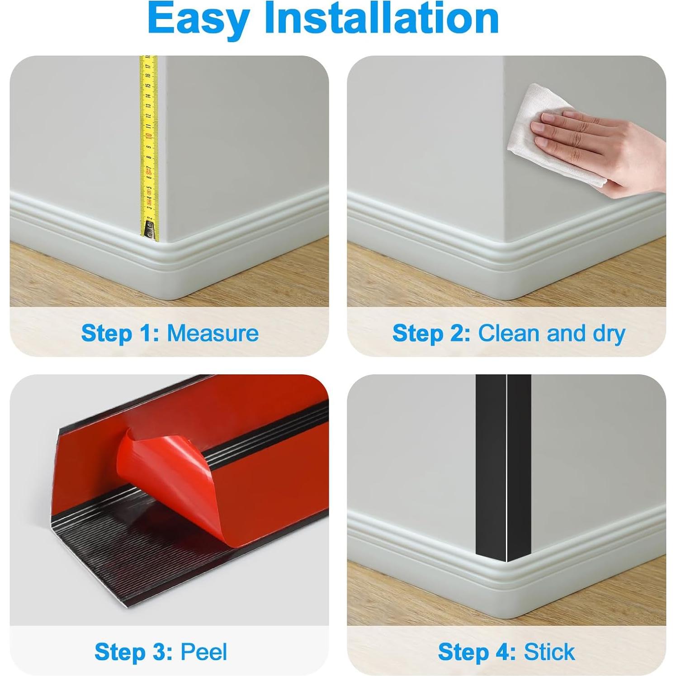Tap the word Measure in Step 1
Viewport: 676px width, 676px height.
tap(213, 333)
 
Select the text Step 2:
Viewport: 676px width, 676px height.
tap(431, 333)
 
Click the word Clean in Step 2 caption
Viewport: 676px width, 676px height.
tap(510, 333)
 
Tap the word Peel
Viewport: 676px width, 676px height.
tap(203, 652)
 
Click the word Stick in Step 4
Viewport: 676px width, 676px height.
tap(549, 652)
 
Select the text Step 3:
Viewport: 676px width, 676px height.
tap(133, 652)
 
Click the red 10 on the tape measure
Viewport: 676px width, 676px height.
tap(148, 136)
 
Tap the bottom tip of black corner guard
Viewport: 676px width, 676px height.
tap(507, 560)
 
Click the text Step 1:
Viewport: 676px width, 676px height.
tap(120, 333)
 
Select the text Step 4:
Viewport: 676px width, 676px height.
tap(477, 652)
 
